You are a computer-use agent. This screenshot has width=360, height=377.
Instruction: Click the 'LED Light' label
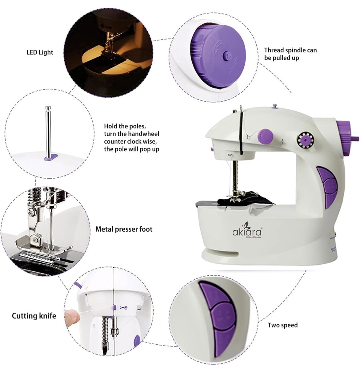40,52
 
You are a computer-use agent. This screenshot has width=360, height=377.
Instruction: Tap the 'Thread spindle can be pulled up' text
290,54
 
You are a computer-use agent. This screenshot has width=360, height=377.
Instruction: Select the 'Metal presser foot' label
124,229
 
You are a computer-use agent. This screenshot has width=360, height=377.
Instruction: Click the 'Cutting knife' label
34,316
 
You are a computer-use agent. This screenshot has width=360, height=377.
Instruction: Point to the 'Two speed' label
282,325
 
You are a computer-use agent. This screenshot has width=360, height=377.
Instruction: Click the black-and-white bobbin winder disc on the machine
305,140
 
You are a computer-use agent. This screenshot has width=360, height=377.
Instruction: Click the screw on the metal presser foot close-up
32,212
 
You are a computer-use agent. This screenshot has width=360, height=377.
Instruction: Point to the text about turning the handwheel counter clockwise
131,138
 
